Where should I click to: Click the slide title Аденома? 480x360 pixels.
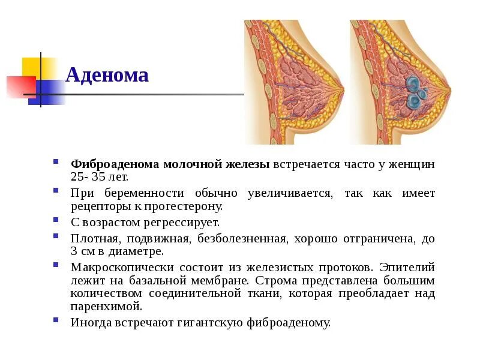coord(107,76)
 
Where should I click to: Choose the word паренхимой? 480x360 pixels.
coord(106,307)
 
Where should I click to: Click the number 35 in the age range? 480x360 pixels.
coord(102,178)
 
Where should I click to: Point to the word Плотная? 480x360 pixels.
coord(92,239)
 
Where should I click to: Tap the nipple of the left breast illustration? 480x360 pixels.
coord(343,92)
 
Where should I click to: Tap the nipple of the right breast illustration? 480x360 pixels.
coord(449,92)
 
